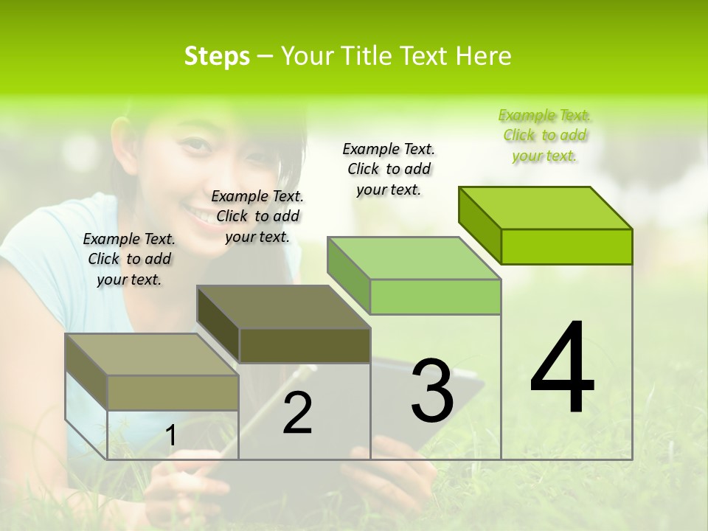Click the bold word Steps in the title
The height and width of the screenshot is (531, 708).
217,56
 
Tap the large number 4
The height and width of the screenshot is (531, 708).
562,368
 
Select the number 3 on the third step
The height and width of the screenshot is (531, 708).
432,391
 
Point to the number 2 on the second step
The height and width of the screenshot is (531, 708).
297,413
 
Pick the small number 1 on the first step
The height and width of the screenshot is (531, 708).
171,436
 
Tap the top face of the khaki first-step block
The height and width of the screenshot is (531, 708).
152,355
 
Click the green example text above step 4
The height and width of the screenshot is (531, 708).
544,135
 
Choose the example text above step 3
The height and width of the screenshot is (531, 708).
389,169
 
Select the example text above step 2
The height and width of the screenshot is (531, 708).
257,216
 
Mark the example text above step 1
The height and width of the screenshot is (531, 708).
129,259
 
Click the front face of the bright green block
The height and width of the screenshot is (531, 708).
566,246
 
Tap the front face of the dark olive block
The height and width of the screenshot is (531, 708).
305,345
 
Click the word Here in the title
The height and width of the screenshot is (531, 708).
484,56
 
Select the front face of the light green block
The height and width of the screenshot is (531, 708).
435,296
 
